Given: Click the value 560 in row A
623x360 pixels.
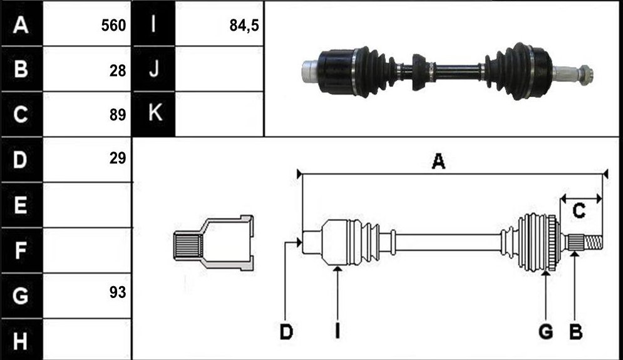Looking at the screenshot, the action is click(x=113, y=26).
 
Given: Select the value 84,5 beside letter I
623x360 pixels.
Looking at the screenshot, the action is click(x=244, y=26).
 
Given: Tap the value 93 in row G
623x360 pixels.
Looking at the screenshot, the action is click(x=118, y=292).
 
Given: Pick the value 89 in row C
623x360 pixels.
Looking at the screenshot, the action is click(x=118, y=115).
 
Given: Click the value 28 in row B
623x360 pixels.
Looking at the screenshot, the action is click(x=118, y=71).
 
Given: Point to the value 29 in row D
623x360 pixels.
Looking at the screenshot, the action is click(x=118, y=158).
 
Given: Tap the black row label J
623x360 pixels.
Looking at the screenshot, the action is click(x=154, y=69).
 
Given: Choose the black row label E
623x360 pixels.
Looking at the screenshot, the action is click(x=21, y=205).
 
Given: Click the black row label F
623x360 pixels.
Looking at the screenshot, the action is click(x=21, y=250).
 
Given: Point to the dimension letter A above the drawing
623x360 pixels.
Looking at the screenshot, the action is click(x=438, y=162).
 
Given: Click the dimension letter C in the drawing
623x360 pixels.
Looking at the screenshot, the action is click(x=579, y=210).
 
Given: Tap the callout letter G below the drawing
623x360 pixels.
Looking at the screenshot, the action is click(x=546, y=331).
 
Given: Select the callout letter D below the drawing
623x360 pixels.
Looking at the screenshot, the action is click(x=286, y=331).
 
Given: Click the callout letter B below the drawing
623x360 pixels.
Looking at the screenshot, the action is click(x=575, y=331).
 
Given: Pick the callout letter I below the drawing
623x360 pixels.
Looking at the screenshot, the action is click(x=337, y=331).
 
